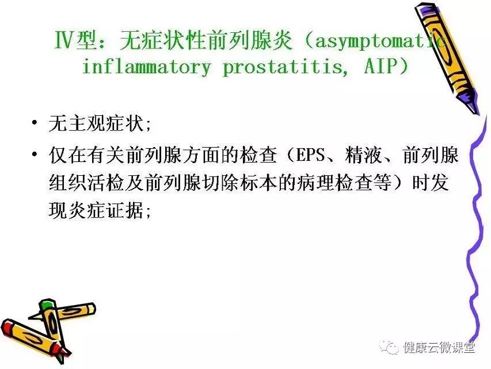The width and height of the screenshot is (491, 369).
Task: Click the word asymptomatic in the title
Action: point(381,42)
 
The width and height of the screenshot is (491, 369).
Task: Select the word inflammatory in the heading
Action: point(147,66)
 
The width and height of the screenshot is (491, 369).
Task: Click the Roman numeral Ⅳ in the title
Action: point(64,40)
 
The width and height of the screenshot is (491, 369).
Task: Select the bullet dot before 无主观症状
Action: point(35,122)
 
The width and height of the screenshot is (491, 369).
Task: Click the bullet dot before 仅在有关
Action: point(35,154)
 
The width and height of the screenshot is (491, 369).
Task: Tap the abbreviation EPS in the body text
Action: point(310,155)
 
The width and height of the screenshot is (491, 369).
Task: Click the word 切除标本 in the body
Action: point(240,182)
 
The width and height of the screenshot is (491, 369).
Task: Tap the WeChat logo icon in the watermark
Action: point(389,347)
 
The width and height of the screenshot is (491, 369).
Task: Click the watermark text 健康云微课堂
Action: point(439,347)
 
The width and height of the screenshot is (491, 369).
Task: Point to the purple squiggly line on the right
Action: point(476,229)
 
